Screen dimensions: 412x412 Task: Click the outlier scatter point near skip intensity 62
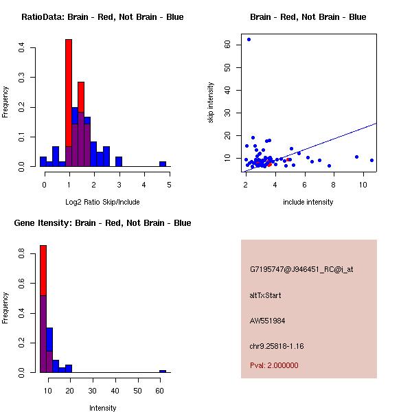point(249,39)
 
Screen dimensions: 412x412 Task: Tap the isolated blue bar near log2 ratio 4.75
point(163,164)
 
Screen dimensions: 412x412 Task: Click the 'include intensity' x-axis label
point(308,202)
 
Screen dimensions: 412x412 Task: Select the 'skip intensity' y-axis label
point(211,103)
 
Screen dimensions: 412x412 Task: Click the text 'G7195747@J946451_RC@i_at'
point(301,270)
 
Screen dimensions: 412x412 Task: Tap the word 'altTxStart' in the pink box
point(266,295)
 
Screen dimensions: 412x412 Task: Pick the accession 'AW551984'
point(267,321)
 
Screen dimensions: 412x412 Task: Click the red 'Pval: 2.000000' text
point(274,365)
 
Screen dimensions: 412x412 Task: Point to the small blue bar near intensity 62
point(163,371)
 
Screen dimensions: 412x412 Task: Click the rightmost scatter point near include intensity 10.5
point(371,160)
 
